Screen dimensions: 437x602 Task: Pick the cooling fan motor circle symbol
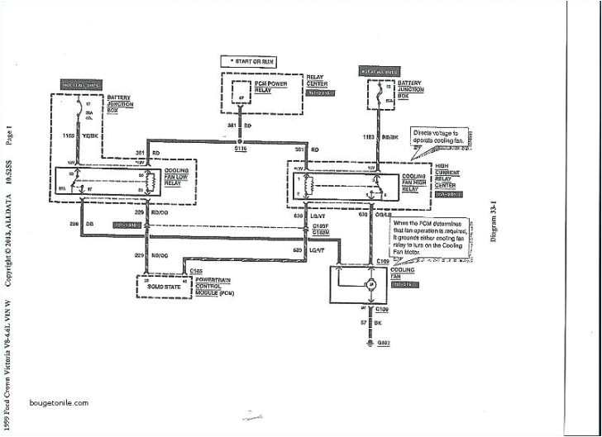pos(371,284)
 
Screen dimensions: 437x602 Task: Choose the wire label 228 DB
pos(69,225)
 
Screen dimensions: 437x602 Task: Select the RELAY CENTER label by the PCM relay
pos(318,82)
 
